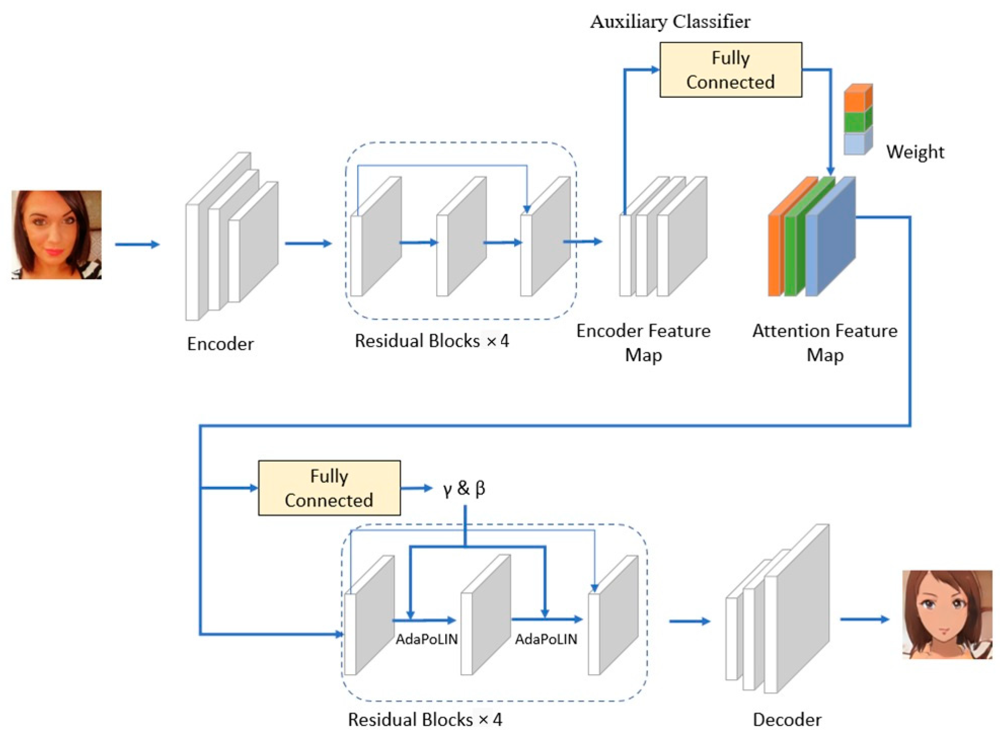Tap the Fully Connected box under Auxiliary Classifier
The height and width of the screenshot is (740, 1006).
[730, 70]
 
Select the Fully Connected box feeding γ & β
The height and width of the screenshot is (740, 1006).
[329, 488]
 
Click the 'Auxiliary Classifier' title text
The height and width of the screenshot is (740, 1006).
[670, 21]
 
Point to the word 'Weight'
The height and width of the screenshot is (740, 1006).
[915, 152]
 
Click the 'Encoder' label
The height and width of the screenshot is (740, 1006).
[220, 344]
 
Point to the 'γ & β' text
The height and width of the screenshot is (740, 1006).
[464, 488]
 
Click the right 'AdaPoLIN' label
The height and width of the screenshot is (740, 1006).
[546, 639]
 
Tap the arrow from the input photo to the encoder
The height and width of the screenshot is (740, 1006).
[137, 244]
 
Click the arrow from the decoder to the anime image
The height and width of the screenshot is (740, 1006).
[864, 619]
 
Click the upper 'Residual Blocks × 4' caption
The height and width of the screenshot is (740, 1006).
[432, 341]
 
